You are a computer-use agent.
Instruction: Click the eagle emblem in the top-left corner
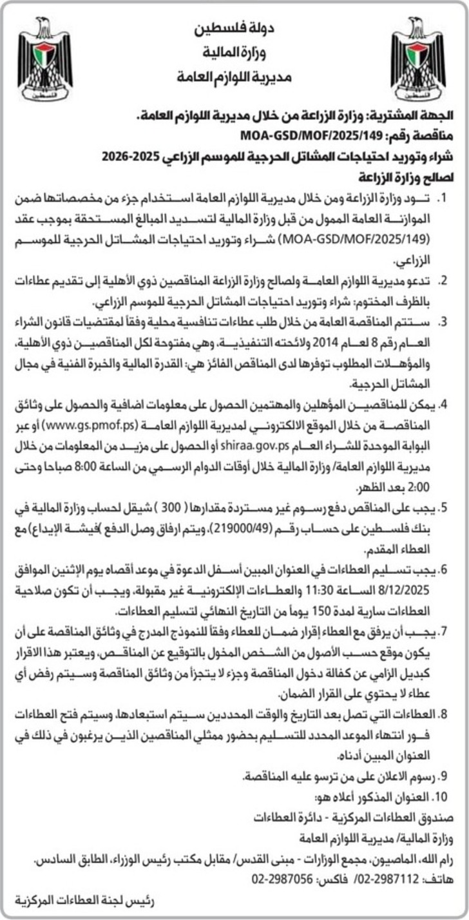(44, 59)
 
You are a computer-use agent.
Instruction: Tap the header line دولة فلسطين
(234, 30)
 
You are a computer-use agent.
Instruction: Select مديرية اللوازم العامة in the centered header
(234, 78)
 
